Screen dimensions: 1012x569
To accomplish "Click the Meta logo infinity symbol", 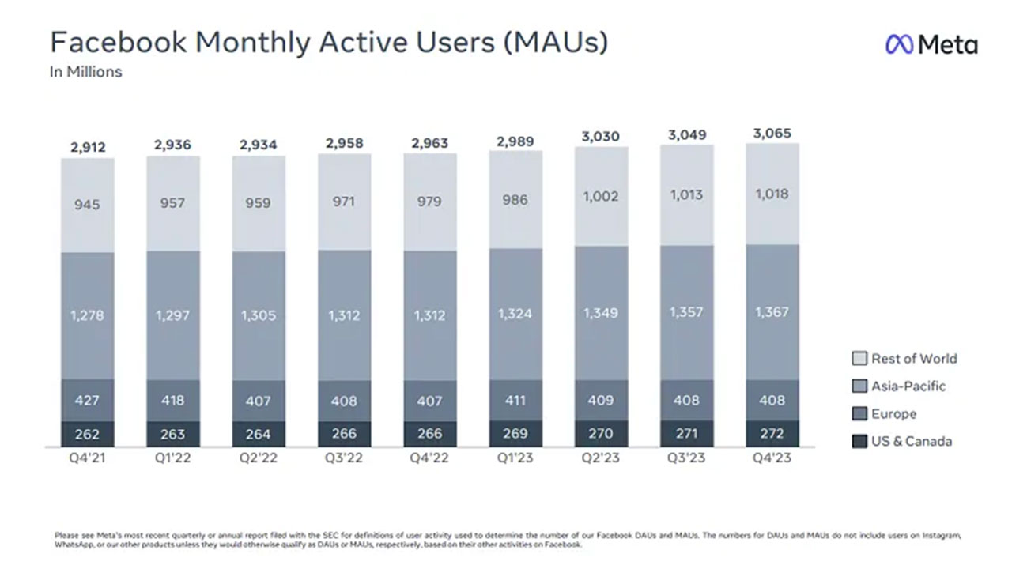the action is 899,44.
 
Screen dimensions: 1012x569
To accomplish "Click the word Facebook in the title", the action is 118,42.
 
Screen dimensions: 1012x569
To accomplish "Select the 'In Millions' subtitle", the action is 86,72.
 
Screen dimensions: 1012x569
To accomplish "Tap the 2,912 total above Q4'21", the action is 88,147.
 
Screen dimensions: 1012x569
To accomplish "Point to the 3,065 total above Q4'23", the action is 772,134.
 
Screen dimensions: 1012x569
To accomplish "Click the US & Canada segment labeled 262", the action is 88,434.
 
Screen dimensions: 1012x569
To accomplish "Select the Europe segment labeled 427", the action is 88,400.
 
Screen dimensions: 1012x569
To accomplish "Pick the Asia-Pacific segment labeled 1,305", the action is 259,315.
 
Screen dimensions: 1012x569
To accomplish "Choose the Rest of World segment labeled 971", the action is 344,202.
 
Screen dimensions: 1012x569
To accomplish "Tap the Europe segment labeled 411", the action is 515,400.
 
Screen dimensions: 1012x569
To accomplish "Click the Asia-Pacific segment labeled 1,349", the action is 602,313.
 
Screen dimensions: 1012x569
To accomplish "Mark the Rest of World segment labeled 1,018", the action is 772,194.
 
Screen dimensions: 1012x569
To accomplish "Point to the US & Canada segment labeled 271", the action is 687,434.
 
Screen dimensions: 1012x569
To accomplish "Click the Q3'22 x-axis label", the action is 344,458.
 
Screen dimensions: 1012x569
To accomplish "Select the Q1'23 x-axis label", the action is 515,458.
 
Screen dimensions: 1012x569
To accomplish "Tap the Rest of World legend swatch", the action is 859,359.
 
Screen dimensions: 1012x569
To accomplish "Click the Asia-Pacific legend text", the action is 908,386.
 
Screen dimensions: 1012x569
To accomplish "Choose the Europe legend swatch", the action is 859,413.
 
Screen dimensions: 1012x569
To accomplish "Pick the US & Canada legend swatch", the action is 859,441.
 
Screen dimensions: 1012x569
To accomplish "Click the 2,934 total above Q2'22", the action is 258,145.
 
